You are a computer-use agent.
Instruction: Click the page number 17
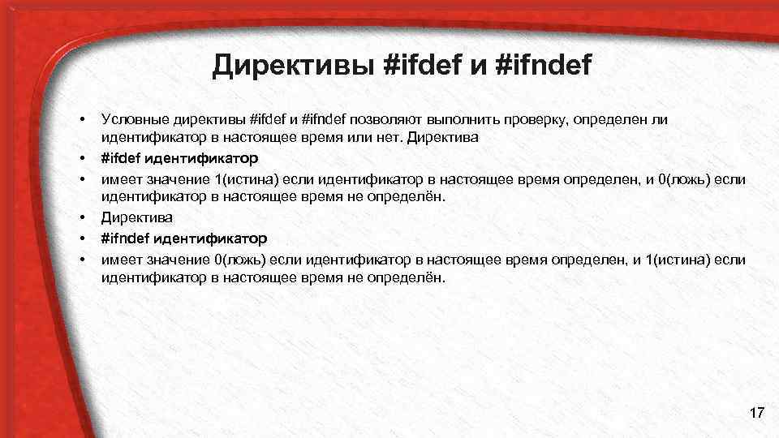tap(757, 414)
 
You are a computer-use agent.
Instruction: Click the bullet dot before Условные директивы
tap(83, 120)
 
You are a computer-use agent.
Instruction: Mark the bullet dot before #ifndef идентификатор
tap(83, 239)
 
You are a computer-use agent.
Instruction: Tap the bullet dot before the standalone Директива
tap(83, 218)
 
